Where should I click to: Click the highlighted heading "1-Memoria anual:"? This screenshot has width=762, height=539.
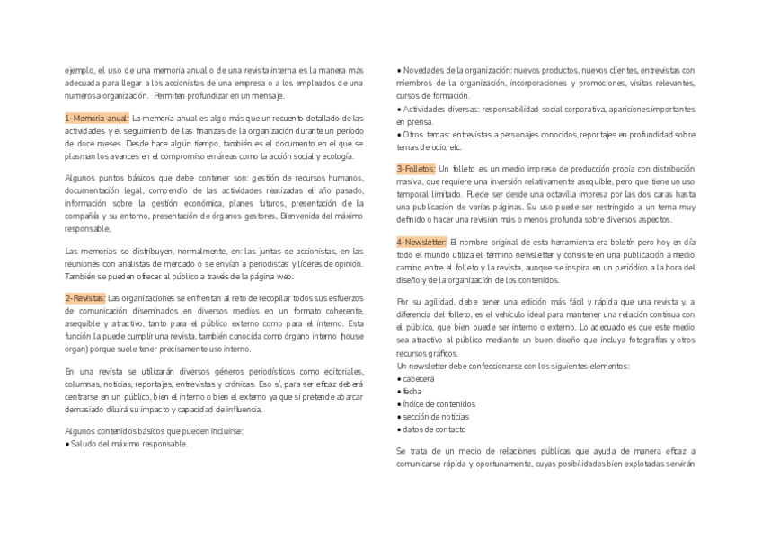tap(97, 118)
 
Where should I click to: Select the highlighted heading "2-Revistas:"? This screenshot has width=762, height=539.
tap(85, 297)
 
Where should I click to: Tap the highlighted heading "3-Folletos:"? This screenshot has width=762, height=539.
tap(416, 168)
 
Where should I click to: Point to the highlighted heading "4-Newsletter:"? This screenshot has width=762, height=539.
tap(421, 242)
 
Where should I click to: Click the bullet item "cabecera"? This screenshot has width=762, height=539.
tap(418, 379)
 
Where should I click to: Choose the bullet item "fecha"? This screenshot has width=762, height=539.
tap(412, 392)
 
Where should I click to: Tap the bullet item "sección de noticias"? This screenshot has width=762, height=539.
tap(435, 417)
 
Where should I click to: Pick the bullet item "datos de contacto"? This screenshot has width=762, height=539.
tap(434, 429)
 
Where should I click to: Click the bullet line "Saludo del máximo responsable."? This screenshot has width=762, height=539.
tap(128, 444)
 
